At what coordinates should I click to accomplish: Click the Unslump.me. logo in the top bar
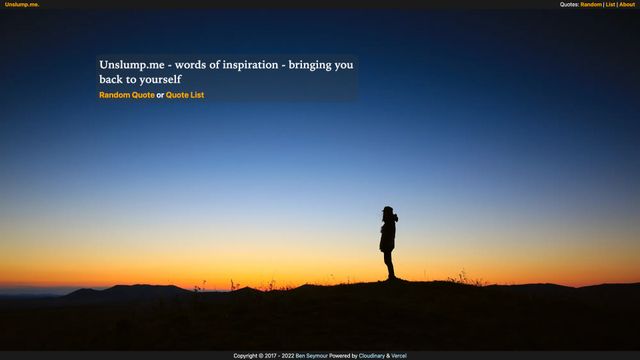click(x=22, y=4)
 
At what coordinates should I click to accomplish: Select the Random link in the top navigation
click(x=591, y=4)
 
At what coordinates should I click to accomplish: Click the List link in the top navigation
click(x=610, y=4)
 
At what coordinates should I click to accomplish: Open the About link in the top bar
click(x=627, y=4)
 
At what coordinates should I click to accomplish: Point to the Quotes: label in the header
click(x=569, y=4)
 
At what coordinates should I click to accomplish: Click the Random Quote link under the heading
click(x=127, y=95)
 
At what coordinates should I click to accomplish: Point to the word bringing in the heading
click(x=310, y=65)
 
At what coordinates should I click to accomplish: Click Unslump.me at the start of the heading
click(x=131, y=65)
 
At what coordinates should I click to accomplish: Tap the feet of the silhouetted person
click(x=391, y=278)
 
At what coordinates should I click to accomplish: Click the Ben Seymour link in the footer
click(x=311, y=355)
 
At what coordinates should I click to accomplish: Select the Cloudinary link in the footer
click(x=371, y=355)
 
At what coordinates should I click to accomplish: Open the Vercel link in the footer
click(x=399, y=355)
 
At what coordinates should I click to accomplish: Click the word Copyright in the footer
click(x=246, y=355)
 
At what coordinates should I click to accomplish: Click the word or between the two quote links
click(x=160, y=95)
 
